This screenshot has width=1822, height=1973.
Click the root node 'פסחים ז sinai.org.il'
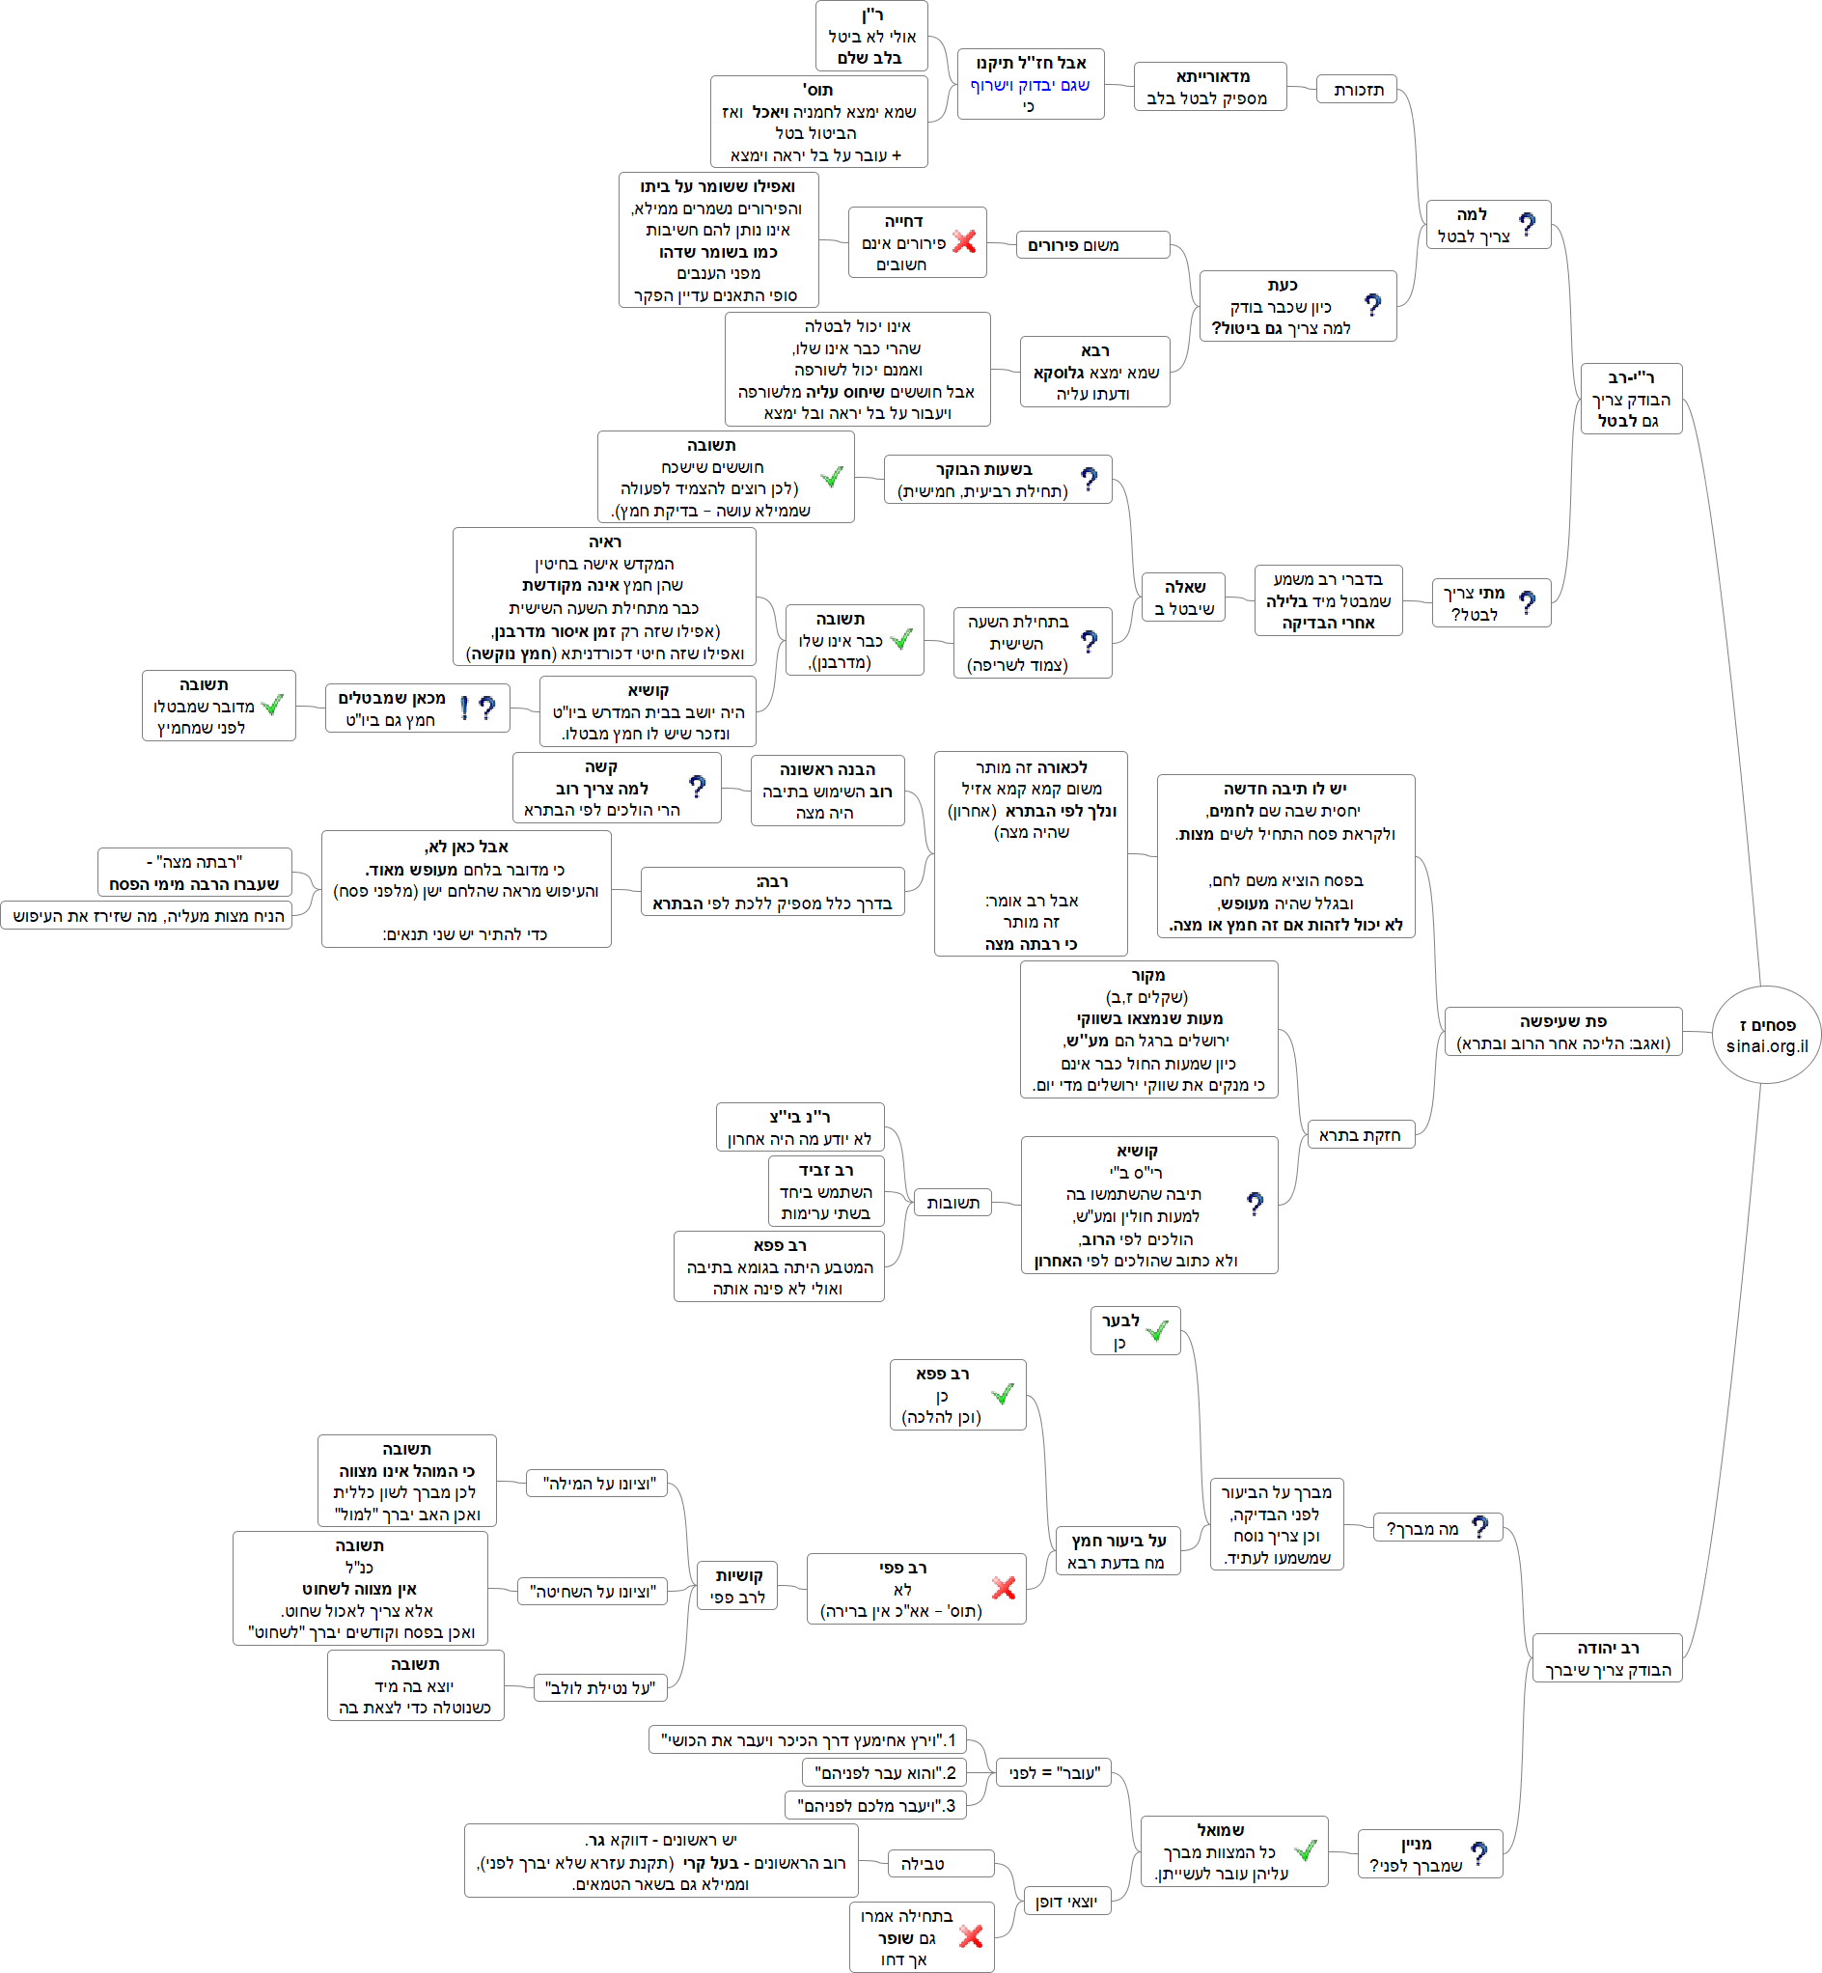(1766, 1035)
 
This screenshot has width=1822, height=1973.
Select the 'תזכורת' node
(1358, 90)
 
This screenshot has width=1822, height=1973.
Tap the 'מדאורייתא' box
(1211, 87)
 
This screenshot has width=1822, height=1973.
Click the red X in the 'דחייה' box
(964, 241)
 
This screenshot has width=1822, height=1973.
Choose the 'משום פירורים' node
(1092, 244)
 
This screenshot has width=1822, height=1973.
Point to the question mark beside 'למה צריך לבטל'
(1528, 225)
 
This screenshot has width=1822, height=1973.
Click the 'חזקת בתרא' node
(1360, 1135)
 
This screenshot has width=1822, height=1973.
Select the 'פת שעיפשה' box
(1562, 1031)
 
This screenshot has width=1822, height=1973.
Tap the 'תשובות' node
(952, 1202)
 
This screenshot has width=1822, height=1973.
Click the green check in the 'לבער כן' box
(1157, 1330)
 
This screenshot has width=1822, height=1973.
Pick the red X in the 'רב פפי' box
(1004, 1588)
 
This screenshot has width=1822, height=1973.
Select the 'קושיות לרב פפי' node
(737, 1586)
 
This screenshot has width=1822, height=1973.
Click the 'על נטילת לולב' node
(600, 1688)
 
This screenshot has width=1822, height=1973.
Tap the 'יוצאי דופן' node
(1065, 1901)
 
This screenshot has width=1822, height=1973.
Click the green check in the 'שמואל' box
(1305, 1850)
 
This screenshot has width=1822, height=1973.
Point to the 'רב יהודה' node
(1607, 1658)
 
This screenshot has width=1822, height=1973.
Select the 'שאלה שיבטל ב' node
(1183, 597)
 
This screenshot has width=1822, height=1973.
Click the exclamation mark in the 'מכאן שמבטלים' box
(464, 708)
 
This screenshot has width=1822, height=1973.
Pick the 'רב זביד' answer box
(826, 1191)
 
